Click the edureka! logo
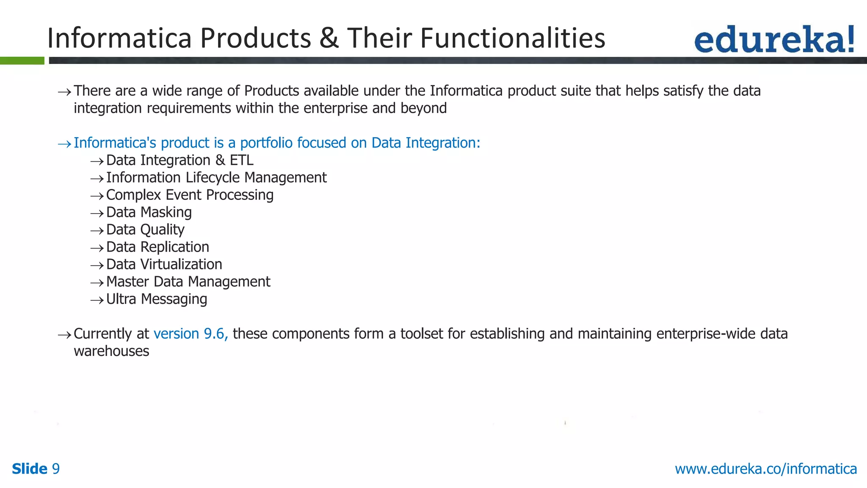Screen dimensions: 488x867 (774, 39)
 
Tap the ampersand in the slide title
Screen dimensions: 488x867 (329, 38)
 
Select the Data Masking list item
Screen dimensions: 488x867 (149, 212)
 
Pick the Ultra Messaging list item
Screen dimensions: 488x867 (156, 299)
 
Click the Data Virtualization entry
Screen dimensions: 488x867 (164, 264)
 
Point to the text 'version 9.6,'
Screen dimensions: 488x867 (191, 334)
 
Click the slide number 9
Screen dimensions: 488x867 (55, 469)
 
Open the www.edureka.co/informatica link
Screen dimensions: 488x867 (765, 469)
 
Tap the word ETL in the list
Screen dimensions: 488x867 (241, 160)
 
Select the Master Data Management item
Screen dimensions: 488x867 (188, 282)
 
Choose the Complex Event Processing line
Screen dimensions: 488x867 (190, 195)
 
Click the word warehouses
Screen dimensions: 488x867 (111, 351)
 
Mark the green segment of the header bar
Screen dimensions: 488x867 (22, 61)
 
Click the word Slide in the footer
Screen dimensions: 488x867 (29, 469)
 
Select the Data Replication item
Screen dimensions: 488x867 (157, 247)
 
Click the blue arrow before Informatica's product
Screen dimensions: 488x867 (64, 144)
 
